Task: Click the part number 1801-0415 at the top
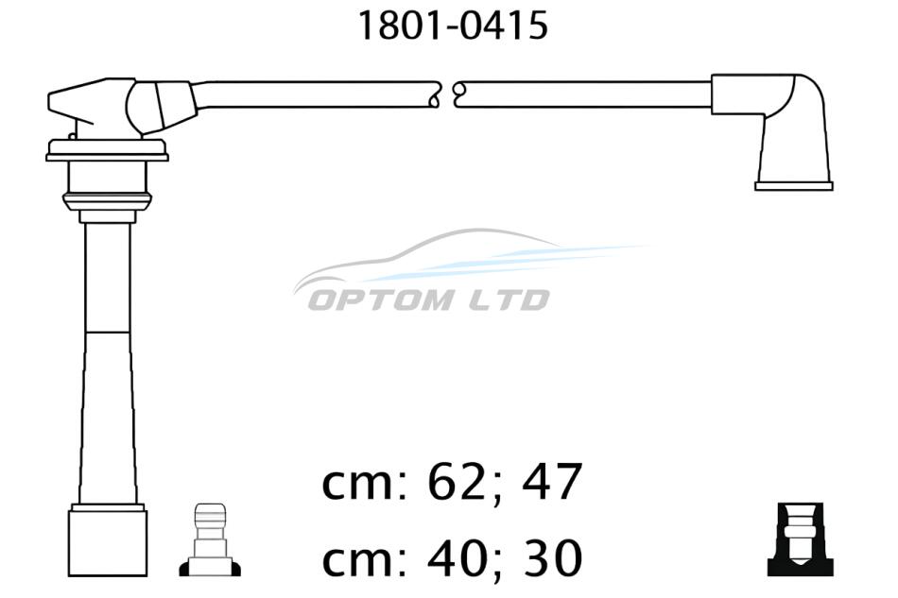[453, 26]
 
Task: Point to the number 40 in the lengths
[464, 557]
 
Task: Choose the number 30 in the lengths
[552, 557]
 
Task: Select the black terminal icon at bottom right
[800, 539]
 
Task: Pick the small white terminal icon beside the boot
[210, 539]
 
